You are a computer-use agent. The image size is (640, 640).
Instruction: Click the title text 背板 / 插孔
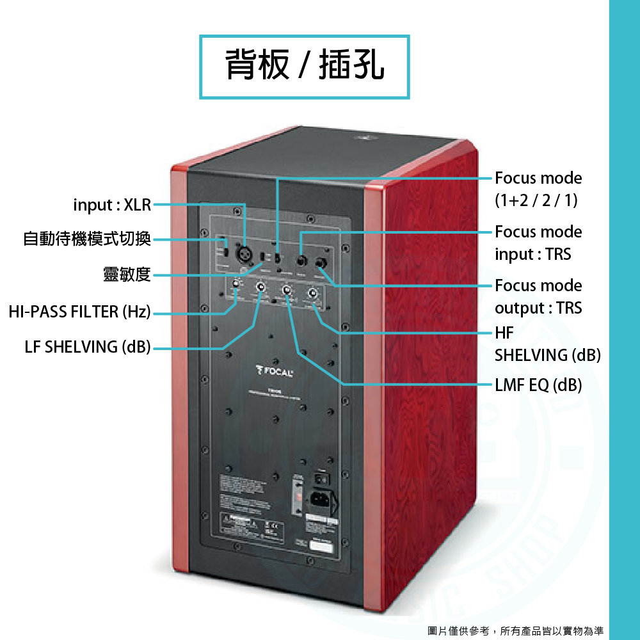click(x=305, y=67)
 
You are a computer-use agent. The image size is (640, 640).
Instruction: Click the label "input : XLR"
click(x=112, y=205)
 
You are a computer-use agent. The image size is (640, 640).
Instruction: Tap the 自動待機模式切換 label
click(x=87, y=239)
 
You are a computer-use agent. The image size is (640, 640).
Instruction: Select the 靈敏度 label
click(x=127, y=275)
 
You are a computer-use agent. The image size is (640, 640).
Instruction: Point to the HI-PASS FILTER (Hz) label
click(x=79, y=312)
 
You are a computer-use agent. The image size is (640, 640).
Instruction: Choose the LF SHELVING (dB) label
click(x=88, y=347)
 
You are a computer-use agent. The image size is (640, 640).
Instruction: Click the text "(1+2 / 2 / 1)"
click(x=536, y=201)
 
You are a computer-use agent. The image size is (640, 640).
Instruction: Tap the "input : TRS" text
click(x=532, y=255)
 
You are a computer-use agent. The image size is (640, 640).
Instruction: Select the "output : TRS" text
click(x=538, y=308)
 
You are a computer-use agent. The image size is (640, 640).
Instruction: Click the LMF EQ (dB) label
click(x=538, y=385)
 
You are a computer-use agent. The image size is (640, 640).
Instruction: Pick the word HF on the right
click(x=504, y=333)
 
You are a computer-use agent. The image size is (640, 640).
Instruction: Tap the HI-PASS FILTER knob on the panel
click(x=236, y=284)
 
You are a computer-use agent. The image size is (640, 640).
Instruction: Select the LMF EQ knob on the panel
click(x=287, y=291)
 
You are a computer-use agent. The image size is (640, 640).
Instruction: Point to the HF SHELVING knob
click(x=313, y=294)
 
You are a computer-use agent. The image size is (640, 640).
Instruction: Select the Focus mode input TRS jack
click(x=300, y=261)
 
